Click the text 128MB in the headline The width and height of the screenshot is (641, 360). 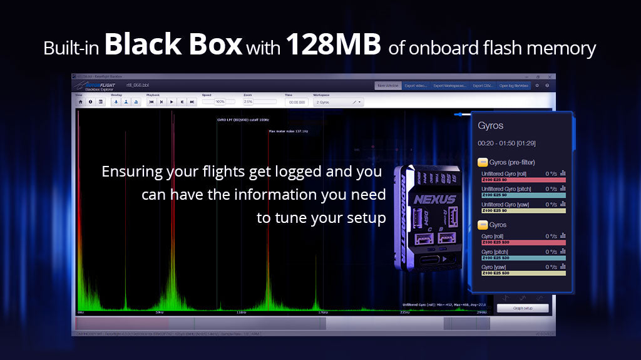[x=334, y=45]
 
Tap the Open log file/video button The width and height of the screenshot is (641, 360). [x=514, y=85]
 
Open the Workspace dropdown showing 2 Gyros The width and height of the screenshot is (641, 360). [x=339, y=101]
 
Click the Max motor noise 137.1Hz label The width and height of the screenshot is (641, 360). [x=288, y=131]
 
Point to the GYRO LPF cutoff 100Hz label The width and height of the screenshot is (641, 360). [x=243, y=119]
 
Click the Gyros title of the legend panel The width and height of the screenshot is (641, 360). [x=490, y=126]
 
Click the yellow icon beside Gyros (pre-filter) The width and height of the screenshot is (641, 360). [x=483, y=162]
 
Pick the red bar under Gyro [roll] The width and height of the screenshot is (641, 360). [x=523, y=242]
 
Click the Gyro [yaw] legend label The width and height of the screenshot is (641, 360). [x=495, y=267]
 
